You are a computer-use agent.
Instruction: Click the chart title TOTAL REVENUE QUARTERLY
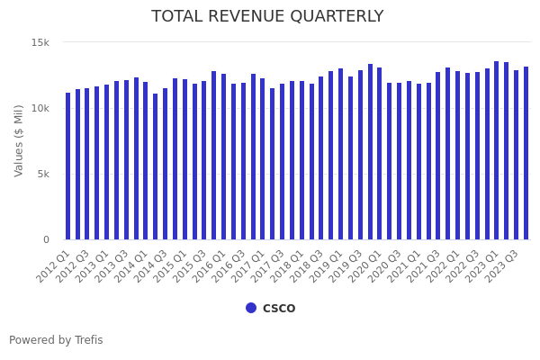[267, 17]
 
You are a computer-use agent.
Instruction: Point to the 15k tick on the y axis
[40, 43]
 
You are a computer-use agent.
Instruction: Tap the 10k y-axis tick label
[40, 109]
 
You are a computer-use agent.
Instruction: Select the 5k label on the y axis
[43, 175]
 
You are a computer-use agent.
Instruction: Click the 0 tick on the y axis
[46, 240]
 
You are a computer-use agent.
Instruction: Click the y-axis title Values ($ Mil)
[20, 140]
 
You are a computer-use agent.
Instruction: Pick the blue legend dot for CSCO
[251, 308]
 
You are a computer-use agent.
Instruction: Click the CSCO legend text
[279, 309]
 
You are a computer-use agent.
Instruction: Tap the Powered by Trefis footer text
[56, 340]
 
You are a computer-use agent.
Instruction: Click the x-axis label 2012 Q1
[54, 266]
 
